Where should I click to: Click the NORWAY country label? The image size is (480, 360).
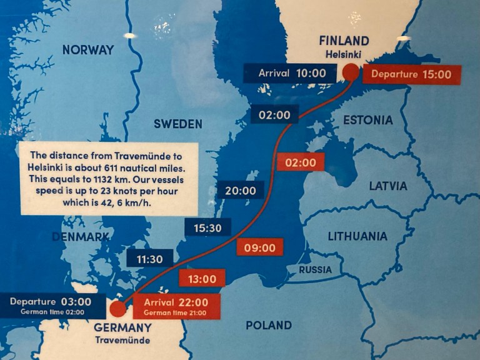point(88,50)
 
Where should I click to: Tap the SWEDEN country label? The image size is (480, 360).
point(178,124)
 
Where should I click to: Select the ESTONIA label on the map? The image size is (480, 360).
point(368,120)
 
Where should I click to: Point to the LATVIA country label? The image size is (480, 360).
point(387,186)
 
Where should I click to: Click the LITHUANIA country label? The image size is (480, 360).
point(358,236)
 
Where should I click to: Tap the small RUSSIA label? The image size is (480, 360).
point(315,270)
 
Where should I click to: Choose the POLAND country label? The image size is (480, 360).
point(268,325)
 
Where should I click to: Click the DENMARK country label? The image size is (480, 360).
point(81,237)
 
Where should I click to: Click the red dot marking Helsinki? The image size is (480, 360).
point(351,72)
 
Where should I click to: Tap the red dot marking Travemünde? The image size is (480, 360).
point(117,309)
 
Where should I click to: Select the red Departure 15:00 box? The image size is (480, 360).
point(411,74)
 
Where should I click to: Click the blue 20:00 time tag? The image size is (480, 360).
point(240,191)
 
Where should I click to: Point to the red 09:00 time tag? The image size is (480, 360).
point(259,248)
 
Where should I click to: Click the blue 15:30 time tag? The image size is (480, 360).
point(207,228)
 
